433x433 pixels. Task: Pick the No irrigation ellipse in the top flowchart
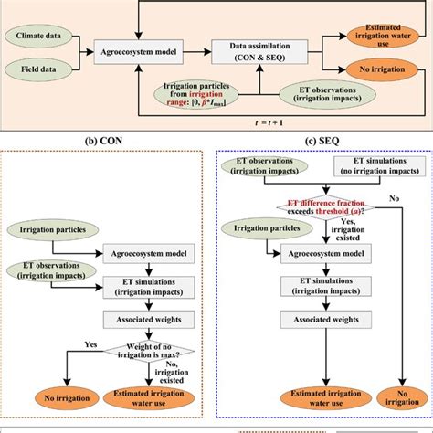[x=382, y=69]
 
